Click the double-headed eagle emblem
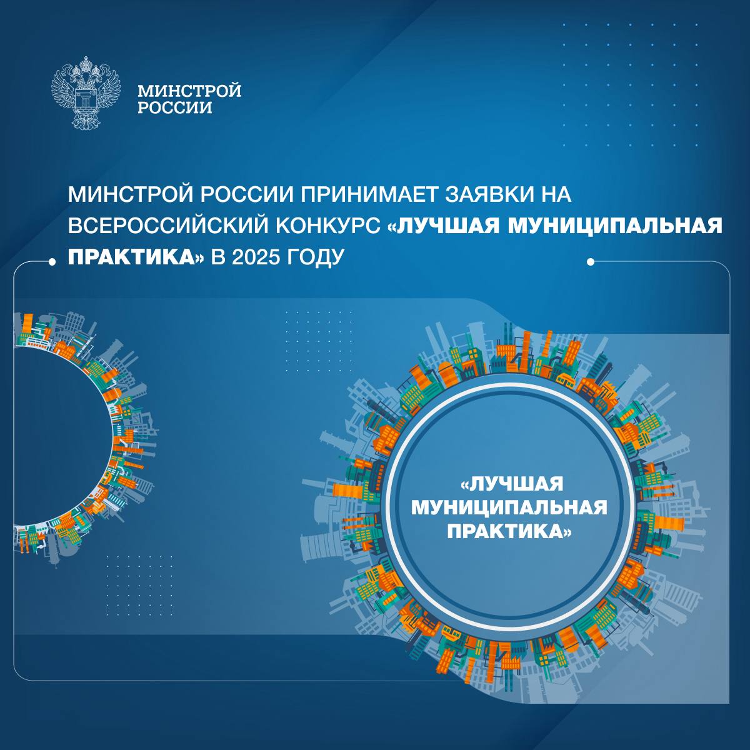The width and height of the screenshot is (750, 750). [86, 92]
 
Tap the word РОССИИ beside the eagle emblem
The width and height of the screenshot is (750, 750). [175, 107]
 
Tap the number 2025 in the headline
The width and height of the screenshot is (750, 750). [256, 257]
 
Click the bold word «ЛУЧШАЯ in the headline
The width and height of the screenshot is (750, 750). [444, 226]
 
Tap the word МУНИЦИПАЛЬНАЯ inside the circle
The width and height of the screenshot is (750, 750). [509, 507]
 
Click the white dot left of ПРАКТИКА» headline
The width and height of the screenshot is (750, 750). [52, 262]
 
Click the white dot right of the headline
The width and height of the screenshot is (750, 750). [590, 262]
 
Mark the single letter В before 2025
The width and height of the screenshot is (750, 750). [217, 257]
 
